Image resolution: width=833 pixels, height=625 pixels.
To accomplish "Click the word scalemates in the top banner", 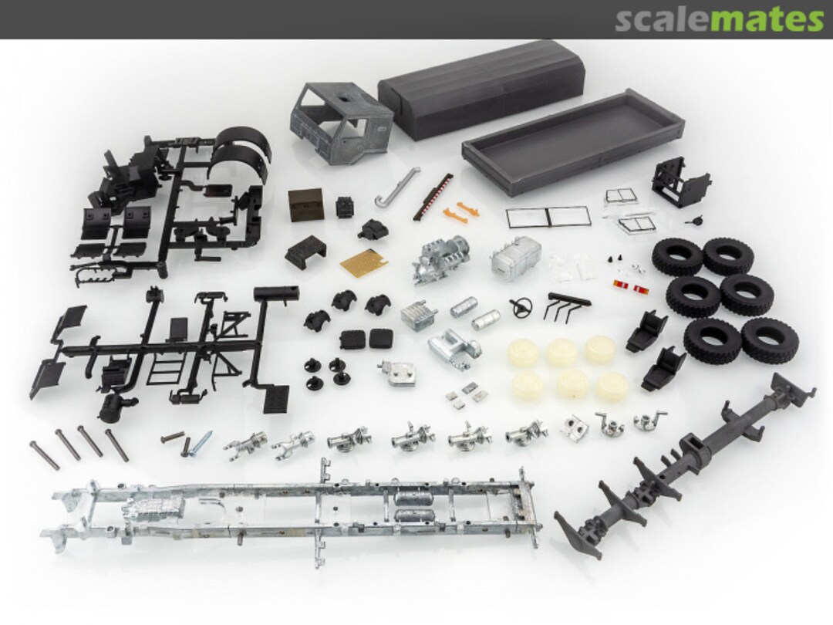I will [x=719, y=19].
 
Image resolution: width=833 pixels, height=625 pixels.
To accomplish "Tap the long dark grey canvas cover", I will [x=480, y=88].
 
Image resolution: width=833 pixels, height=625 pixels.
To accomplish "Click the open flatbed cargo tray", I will [x=572, y=140].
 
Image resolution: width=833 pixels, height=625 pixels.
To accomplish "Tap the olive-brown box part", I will [x=305, y=205].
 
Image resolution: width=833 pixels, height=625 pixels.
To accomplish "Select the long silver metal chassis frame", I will [x=293, y=505].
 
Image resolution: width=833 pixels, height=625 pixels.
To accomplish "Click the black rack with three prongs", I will [x=566, y=305].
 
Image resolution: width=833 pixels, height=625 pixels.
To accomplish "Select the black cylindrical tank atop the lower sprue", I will [x=270, y=294].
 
